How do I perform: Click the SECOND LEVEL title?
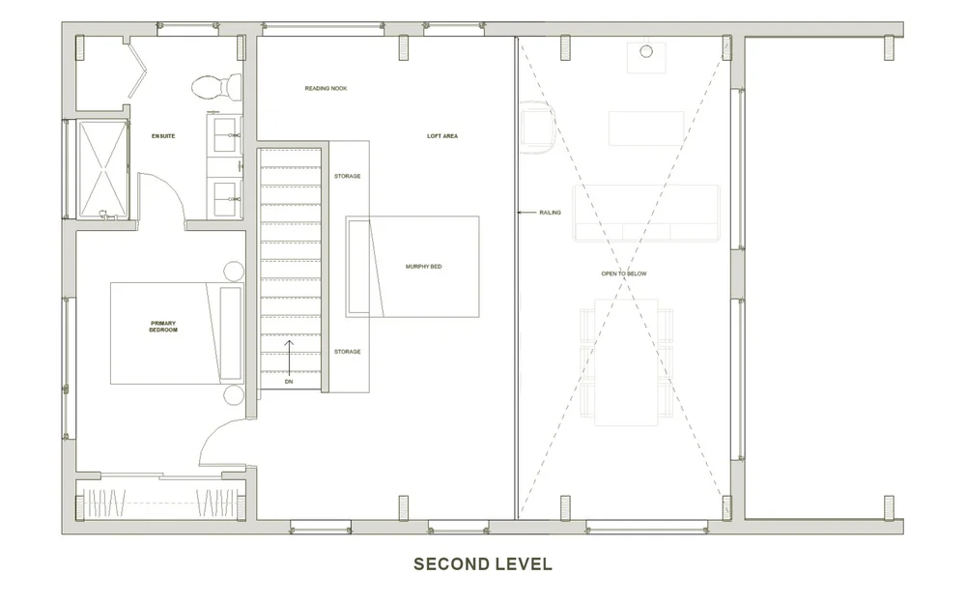(x=482, y=563)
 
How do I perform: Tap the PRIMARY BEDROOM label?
(x=163, y=326)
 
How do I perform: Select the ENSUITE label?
(x=163, y=136)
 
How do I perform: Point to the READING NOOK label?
(x=326, y=89)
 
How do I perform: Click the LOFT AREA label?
(x=442, y=136)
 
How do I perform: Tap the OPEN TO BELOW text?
(x=624, y=273)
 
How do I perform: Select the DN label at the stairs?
(x=288, y=382)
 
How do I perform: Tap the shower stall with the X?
(x=102, y=169)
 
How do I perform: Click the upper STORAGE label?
(x=348, y=177)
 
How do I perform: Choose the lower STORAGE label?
(x=348, y=352)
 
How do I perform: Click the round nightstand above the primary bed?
(x=234, y=272)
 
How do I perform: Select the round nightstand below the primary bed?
(x=234, y=394)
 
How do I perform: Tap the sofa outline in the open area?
(x=646, y=213)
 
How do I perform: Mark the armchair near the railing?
(x=536, y=130)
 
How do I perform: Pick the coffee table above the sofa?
(x=646, y=128)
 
